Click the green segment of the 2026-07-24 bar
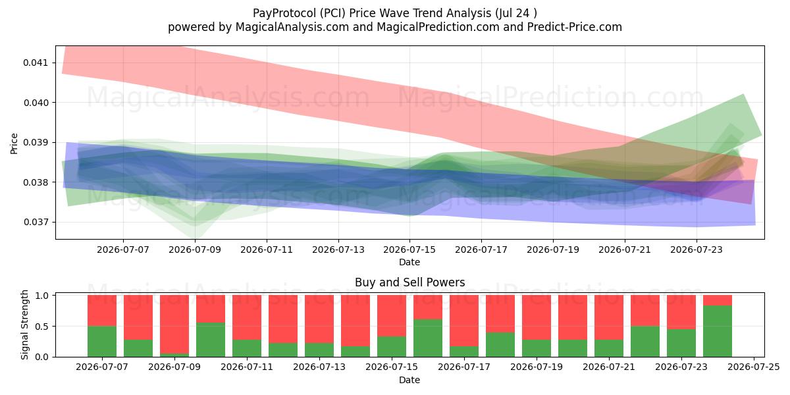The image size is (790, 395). (718, 331)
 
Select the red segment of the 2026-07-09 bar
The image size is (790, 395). (174, 324)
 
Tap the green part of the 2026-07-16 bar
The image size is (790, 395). (428, 338)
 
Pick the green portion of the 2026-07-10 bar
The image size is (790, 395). (211, 340)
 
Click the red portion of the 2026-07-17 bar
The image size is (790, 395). (464, 321)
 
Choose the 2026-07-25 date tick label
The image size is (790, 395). (754, 367)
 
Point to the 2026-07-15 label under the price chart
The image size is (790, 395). (409, 250)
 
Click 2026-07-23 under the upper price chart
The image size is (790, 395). (697, 250)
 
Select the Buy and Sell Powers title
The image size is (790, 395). (409, 282)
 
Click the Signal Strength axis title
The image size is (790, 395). (24, 325)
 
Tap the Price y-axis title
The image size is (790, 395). (14, 144)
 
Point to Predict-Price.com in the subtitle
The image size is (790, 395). (575, 27)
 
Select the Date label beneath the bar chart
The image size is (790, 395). (409, 380)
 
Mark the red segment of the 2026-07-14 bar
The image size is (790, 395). (355, 321)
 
